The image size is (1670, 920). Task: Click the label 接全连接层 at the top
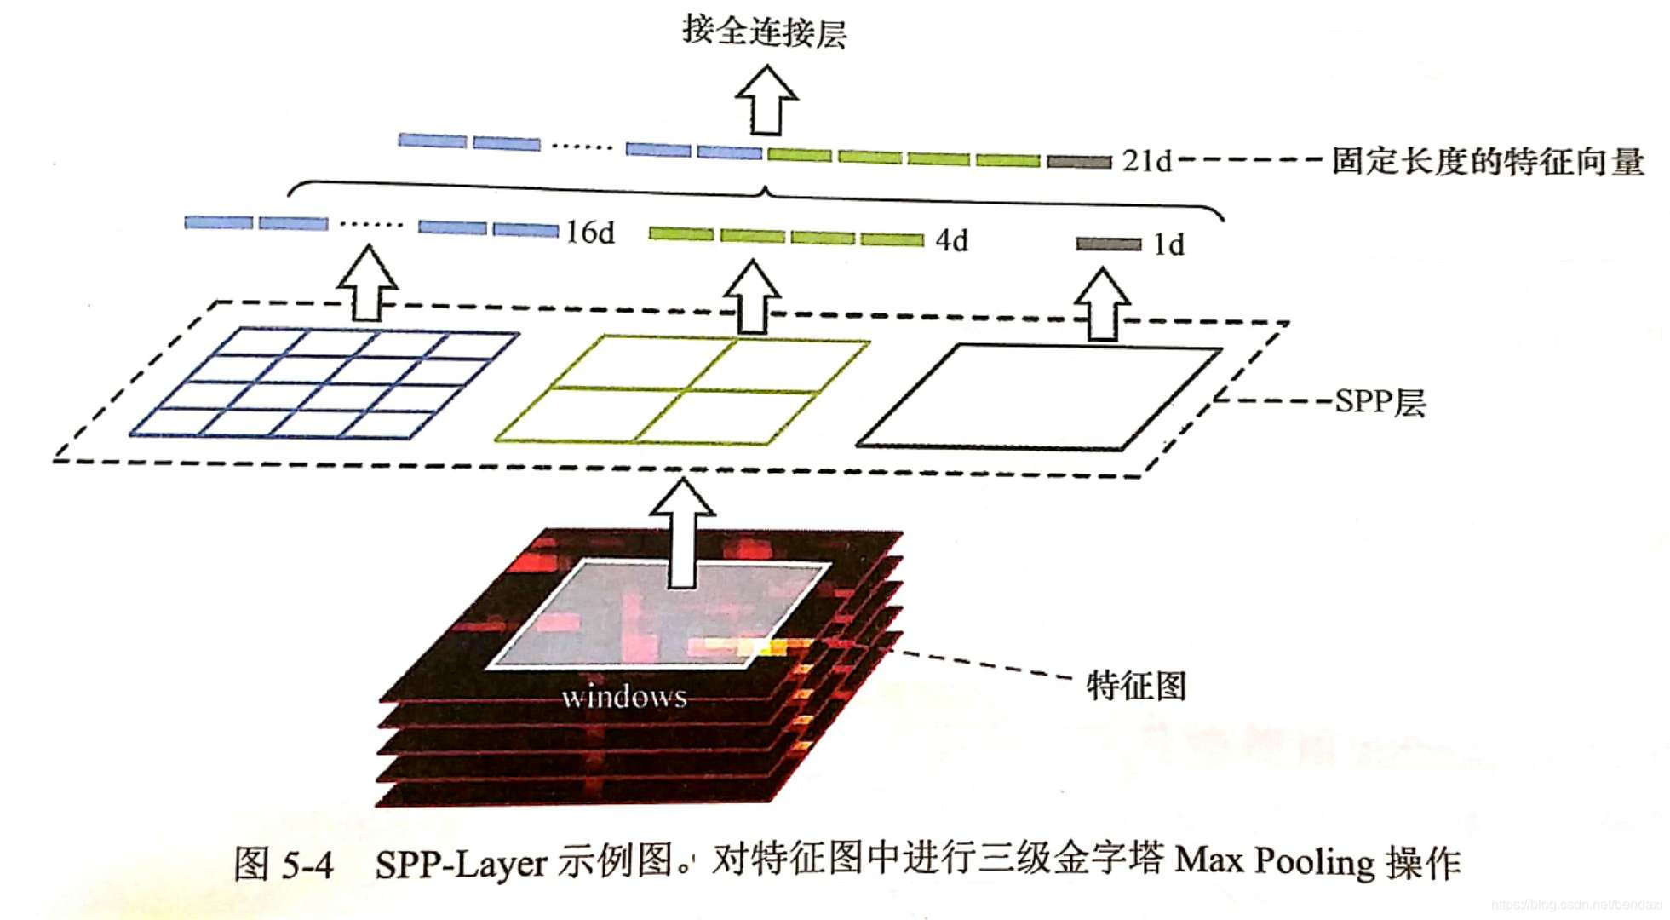coord(764,32)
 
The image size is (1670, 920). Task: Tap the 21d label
coord(1146,160)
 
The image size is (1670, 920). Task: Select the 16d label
coord(590,232)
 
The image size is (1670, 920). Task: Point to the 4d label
coord(951,241)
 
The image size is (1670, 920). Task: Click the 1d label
coord(1168,245)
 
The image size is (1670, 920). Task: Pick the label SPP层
coord(1380,401)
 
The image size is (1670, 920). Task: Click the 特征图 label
coord(1136,685)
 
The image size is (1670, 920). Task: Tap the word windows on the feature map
coord(624,697)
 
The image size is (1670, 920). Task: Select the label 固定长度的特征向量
coord(1487,161)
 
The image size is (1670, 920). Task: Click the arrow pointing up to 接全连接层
coord(766,101)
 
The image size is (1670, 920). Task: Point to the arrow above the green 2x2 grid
coord(752,297)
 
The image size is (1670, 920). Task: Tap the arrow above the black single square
coord(1102,305)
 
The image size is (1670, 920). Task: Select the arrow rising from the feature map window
coord(682,533)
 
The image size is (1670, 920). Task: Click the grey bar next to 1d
coord(1108,244)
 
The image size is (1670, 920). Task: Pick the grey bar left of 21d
coord(1079,161)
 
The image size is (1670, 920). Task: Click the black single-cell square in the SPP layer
coord(1039,397)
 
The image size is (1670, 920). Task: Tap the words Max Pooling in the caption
coord(1274,861)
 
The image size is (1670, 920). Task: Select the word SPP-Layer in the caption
coord(461,864)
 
